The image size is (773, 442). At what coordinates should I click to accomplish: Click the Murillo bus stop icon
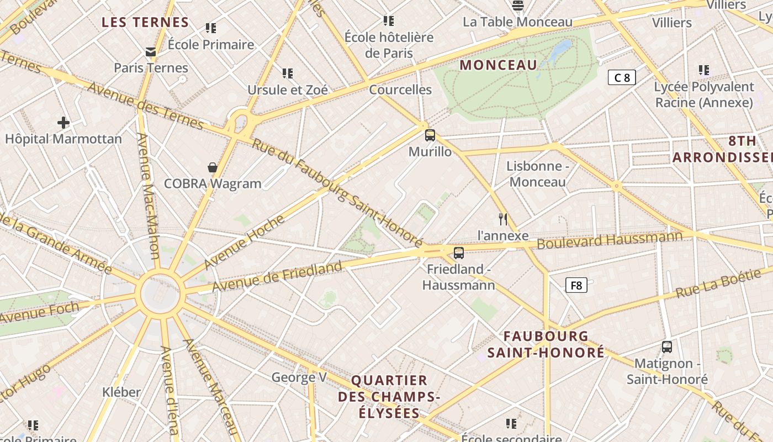[x=430, y=135]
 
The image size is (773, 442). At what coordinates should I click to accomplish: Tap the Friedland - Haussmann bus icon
[x=458, y=253]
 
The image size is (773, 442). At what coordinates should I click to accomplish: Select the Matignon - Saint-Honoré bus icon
[x=667, y=347]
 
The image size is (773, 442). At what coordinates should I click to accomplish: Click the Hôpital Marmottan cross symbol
[x=63, y=123]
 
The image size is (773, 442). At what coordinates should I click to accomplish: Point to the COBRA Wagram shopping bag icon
[x=212, y=167]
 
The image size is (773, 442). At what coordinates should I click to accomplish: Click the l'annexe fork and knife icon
[x=502, y=219]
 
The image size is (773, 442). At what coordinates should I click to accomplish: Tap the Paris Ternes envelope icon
[x=150, y=52]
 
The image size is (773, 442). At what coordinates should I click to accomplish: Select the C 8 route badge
[x=622, y=77]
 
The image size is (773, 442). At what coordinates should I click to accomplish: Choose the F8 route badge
[x=576, y=286]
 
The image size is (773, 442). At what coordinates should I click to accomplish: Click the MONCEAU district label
[x=498, y=65]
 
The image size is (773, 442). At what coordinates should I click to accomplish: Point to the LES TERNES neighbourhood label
[x=146, y=23]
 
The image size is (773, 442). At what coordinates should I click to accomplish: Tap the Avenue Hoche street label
[x=244, y=241]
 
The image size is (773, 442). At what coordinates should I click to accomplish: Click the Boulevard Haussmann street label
[x=610, y=240]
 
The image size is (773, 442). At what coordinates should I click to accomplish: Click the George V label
[x=299, y=377]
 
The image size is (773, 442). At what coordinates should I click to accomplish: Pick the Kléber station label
[x=121, y=392]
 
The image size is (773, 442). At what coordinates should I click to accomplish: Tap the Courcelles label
[x=400, y=90]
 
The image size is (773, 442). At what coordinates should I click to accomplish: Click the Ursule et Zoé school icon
[x=287, y=73]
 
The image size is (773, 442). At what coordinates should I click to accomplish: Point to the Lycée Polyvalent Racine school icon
[x=703, y=70]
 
